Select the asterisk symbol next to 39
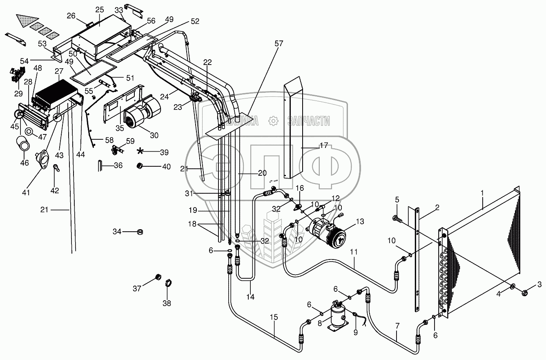[140, 151]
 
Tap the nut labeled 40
[140, 166]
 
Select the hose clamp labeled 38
[167, 283]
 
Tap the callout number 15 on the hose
[274, 318]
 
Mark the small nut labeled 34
[140, 232]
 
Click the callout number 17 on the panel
[324, 145]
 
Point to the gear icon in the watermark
[273, 121]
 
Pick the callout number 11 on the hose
[354, 252]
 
